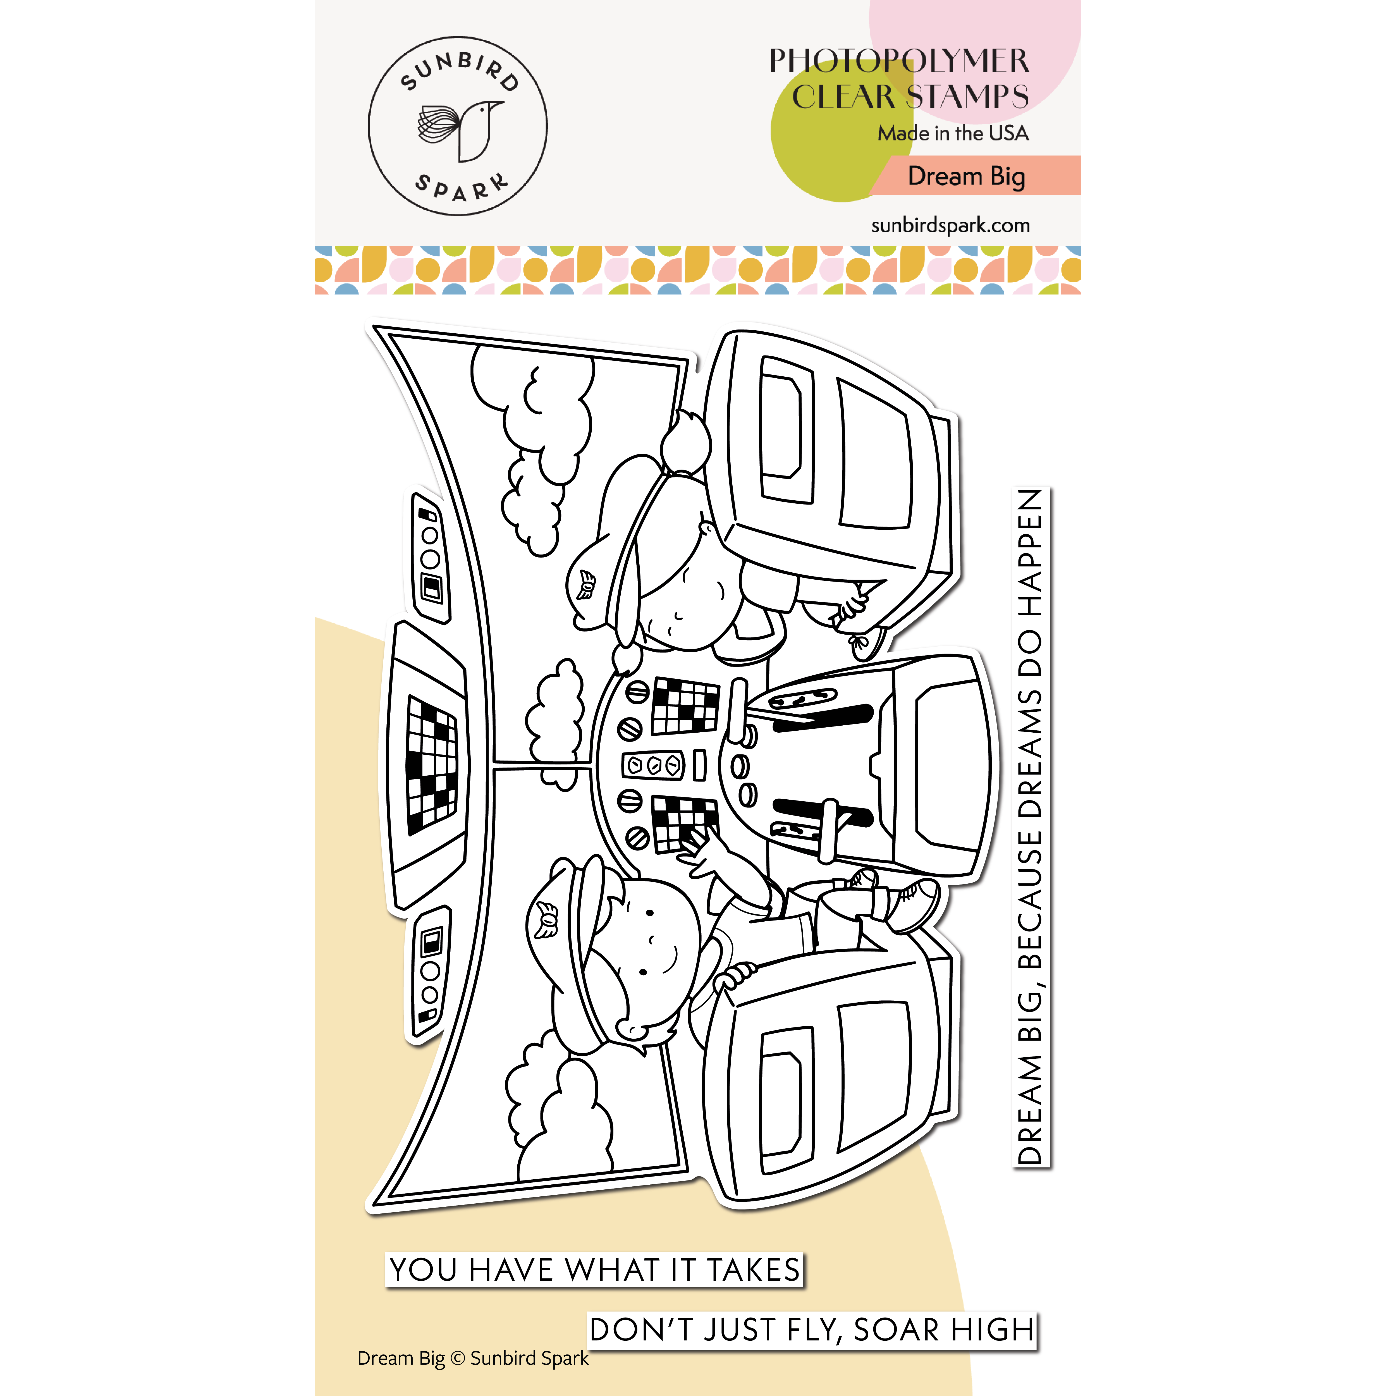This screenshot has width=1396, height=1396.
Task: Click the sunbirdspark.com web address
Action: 950,225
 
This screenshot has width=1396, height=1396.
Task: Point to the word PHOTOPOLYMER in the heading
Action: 899,61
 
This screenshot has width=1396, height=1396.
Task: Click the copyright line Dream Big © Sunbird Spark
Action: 473,1358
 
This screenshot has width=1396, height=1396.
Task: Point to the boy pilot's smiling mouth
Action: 671,957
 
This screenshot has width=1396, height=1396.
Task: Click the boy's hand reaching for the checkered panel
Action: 701,853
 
